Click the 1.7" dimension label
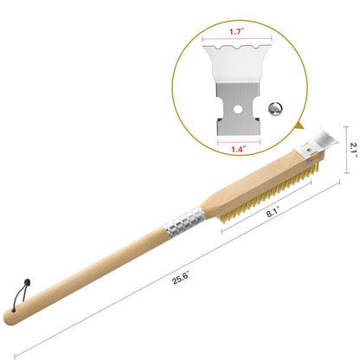[x=237, y=31]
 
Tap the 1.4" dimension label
[x=239, y=149]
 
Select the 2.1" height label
[x=354, y=150]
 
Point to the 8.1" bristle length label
[x=273, y=213]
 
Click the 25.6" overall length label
[x=181, y=277]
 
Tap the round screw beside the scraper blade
[x=275, y=109]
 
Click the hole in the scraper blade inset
[x=238, y=109]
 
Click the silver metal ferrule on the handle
[x=184, y=222]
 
